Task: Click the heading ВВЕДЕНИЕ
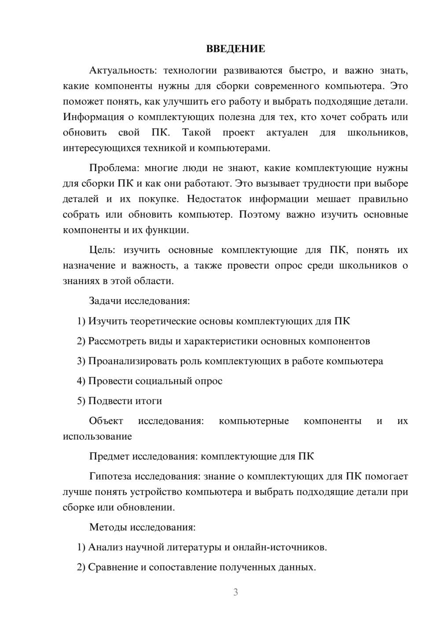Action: [235, 49]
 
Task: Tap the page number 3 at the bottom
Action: [235, 592]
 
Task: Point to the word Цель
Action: [102, 250]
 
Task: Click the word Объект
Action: [106, 421]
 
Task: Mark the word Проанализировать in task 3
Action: [133, 361]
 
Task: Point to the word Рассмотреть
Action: [116, 341]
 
